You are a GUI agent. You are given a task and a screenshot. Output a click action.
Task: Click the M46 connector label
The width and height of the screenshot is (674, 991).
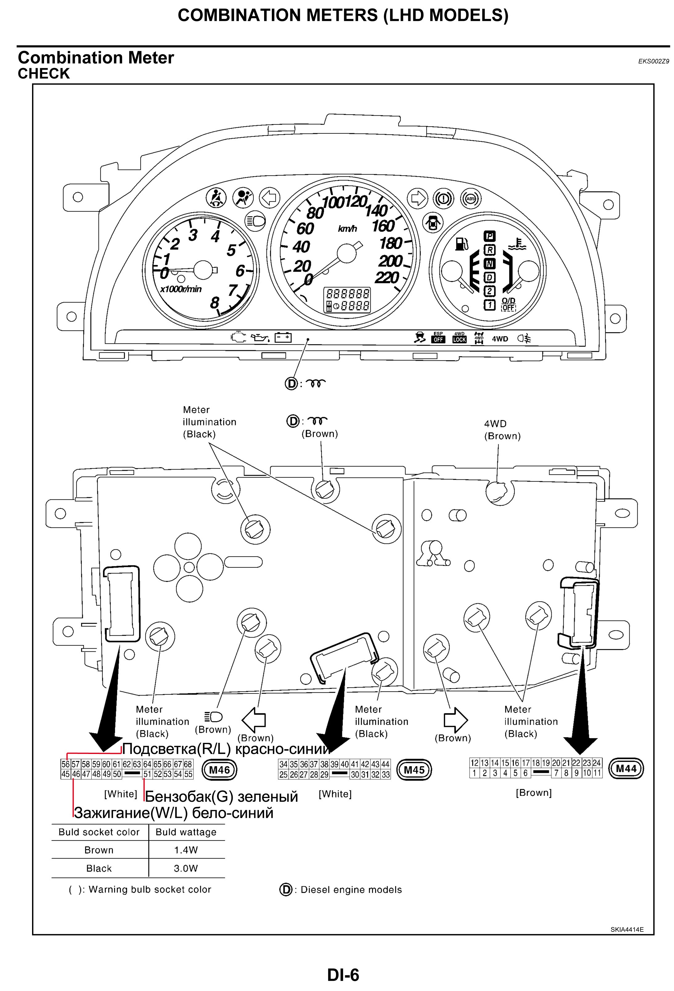tap(219, 769)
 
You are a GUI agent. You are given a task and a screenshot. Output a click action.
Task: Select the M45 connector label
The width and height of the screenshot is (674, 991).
tap(414, 769)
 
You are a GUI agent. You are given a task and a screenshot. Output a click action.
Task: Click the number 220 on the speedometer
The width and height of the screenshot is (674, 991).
tap(387, 278)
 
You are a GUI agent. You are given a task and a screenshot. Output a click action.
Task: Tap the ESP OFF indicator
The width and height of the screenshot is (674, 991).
tap(438, 338)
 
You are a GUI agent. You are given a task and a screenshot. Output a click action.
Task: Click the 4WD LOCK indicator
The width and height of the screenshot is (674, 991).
tap(459, 338)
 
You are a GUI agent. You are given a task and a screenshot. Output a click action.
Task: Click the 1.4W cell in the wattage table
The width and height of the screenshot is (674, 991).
tap(186, 850)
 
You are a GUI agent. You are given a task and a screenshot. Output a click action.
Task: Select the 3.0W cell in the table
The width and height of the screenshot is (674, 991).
tap(186, 868)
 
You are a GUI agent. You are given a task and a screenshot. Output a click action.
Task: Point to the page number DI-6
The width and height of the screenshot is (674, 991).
tap(343, 975)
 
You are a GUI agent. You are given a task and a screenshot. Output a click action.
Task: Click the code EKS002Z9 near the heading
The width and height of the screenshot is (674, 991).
tap(653, 61)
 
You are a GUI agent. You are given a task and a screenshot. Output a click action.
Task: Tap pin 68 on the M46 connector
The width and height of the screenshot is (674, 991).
tap(188, 764)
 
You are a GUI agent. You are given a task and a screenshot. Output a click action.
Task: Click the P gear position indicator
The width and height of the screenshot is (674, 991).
tap(489, 236)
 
